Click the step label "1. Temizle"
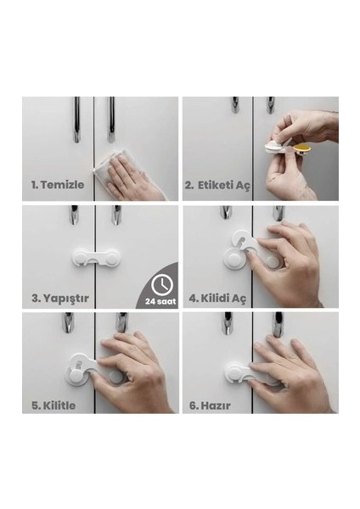[58, 185]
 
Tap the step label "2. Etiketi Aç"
[217, 185]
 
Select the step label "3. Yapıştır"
[60, 298]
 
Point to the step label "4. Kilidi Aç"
[217, 298]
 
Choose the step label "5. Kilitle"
[53, 406]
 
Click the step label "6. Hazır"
[210, 406]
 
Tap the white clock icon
[162, 285]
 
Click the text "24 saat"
[160, 301]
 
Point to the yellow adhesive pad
[301, 149]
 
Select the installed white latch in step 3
[96, 257]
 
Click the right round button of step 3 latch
[111, 258]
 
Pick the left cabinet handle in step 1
[76, 120]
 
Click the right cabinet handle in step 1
[111, 120]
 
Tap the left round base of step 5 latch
[76, 376]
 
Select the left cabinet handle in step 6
[228, 323]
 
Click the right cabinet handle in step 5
[122, 322]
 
